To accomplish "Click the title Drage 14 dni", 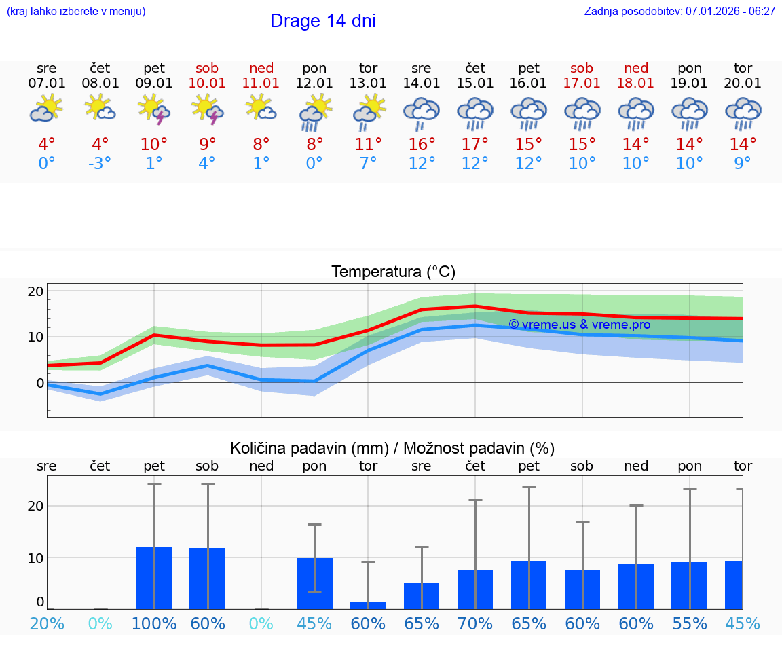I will [x=322, y=21].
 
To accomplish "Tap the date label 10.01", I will [x=207, y=83].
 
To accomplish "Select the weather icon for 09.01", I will [x=153, y=110].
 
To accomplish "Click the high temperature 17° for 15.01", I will [x=475, y=144].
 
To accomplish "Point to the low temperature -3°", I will [x=100, y=163].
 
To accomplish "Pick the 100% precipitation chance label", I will [x=154, y=623].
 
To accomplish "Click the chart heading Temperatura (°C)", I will [x=393, y=272].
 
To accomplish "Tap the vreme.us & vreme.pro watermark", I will [x=579, y=325].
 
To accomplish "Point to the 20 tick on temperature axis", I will [x=35, y=291].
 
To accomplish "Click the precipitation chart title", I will [x=392, y=448].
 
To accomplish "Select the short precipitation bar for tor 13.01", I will [x=368, y=605].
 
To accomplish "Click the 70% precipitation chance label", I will [x=475, y=623].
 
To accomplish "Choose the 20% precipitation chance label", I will [x=47, y=623].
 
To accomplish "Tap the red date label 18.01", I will [x=636, y=83].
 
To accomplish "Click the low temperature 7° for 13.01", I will [x=368, y=163].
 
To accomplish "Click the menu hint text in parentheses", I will [x=76, y=11].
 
